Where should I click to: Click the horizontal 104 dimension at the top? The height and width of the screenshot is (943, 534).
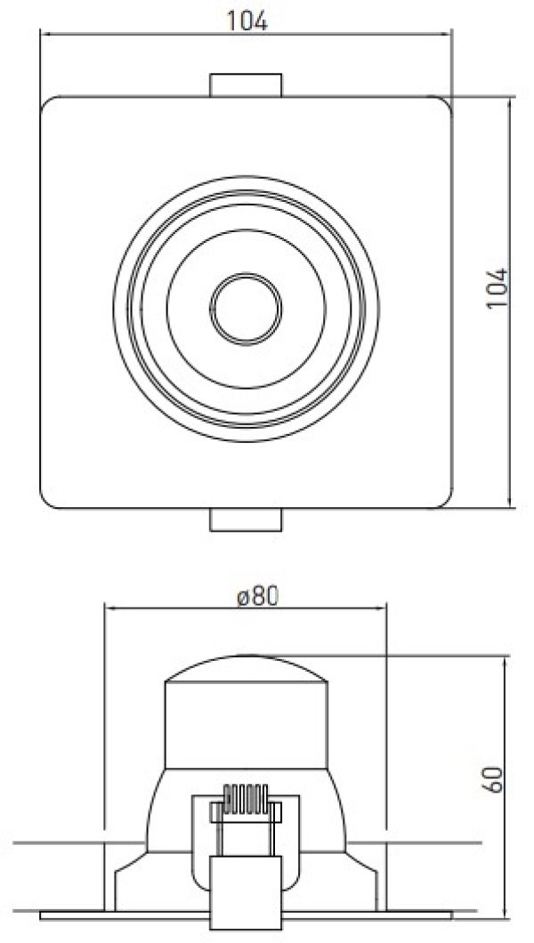(247, 21)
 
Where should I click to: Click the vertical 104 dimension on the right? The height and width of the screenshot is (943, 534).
(498, 288)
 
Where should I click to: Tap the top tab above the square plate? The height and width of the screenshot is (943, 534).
(246, 85)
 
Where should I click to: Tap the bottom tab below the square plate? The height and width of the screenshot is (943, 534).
(246, 520)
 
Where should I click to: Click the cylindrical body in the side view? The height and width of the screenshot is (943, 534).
(246, 725)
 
